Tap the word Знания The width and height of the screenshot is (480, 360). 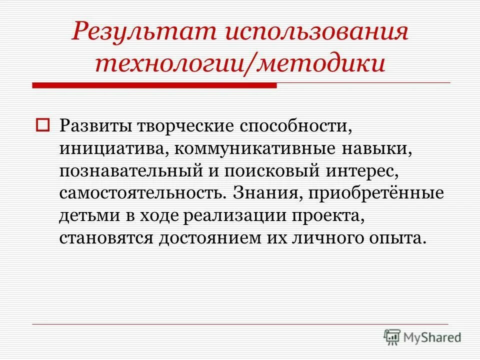(270, 193)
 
